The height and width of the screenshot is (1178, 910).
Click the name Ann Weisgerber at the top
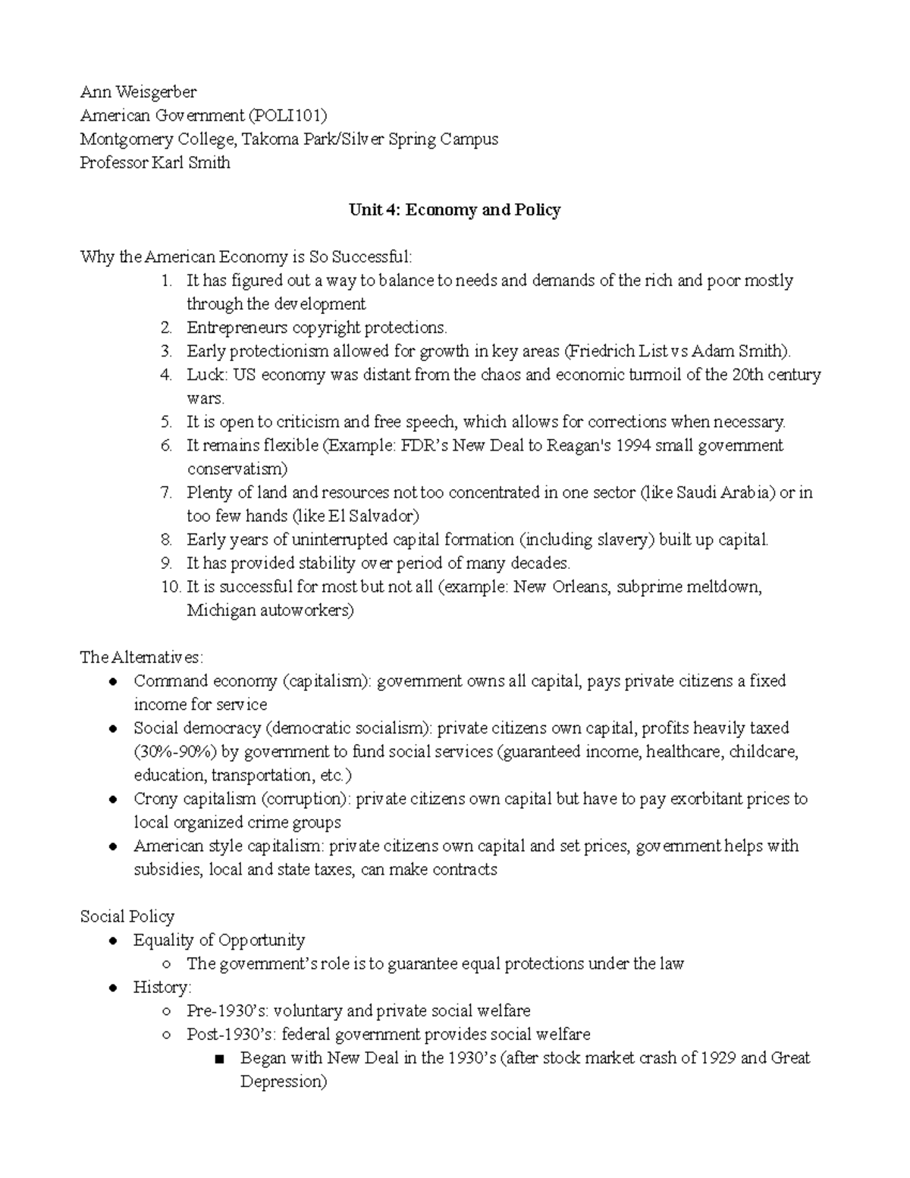pos(138,92)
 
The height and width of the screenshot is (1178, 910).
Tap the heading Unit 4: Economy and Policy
pos(454,209)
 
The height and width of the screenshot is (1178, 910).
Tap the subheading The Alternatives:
pos(142,657)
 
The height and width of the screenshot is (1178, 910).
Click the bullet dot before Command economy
pos(112,681)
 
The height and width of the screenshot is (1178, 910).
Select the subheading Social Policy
pos(127,916)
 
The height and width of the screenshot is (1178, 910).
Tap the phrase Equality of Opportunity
pos(219,940)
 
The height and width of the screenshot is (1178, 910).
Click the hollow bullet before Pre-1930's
pos(166,1011)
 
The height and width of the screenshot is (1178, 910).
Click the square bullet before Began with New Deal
pos(220,1059)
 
